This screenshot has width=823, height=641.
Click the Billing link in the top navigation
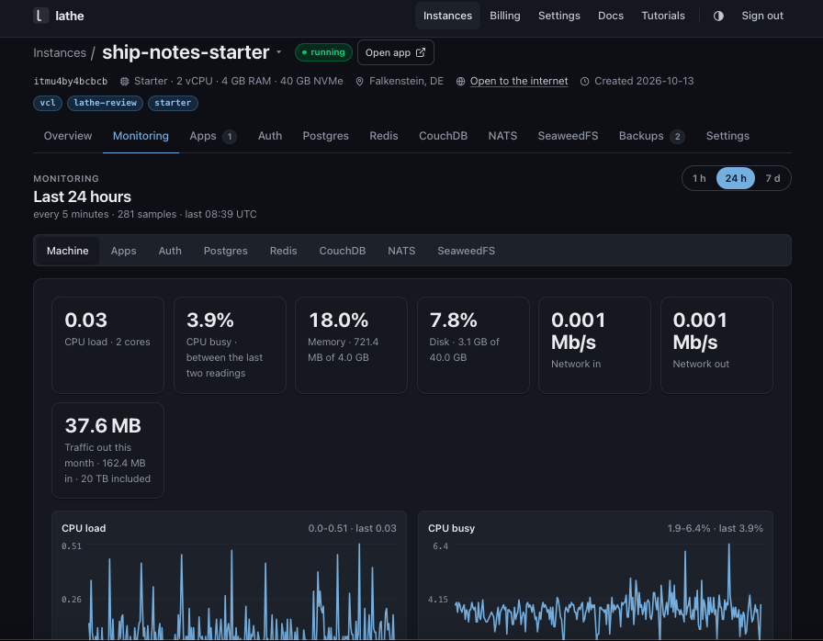(505, 16)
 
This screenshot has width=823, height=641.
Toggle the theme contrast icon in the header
(718, 16)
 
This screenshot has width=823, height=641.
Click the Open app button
(396, 52)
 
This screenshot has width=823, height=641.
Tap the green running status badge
(323, 52)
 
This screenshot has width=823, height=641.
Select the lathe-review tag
(105, 103)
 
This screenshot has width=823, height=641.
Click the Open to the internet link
(519, 81)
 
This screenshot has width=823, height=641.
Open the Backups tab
(652, 136)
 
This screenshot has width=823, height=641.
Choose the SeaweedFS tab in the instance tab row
(568, 136)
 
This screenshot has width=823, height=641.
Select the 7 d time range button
(772, 178)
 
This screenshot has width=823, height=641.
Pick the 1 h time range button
(699, 178)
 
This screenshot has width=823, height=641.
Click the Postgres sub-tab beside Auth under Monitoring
(226, 251)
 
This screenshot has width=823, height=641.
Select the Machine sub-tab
(68, 251)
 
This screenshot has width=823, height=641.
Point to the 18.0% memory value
(339, 320)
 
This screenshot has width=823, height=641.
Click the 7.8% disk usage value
(454, 320)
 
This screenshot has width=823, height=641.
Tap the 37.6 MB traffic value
(103, 425)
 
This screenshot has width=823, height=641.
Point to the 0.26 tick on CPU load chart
(72, 599)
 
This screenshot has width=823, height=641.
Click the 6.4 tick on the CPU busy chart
(440, 546)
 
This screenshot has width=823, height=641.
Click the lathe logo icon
(40, 16)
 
